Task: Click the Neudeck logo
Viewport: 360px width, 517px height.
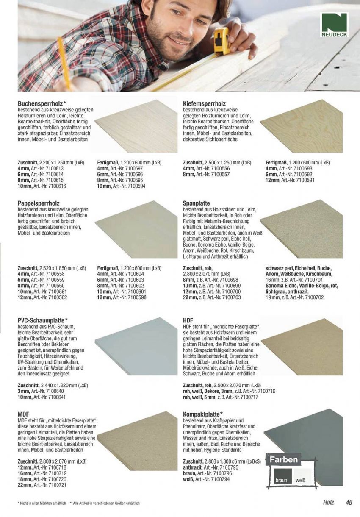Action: coord(334,25)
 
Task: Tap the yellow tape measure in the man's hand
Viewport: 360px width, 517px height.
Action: coord(222,41)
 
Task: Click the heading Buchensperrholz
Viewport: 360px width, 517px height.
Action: coord(41,103)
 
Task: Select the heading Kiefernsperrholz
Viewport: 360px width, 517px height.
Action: coord(204,103)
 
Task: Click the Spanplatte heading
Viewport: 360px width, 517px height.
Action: coord(197,203)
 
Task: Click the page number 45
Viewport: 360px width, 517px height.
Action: coord(349,503)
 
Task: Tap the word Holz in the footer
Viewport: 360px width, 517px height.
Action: coord(328,503)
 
